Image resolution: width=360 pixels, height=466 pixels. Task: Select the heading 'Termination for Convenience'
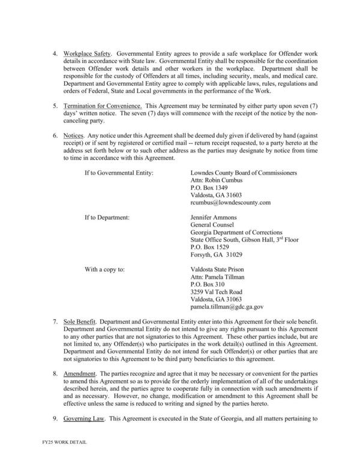[x=102, y=104]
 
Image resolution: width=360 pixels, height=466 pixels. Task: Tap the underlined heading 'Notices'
[x=74, y=136]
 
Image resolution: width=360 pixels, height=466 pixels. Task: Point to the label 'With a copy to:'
[x=104, y=270]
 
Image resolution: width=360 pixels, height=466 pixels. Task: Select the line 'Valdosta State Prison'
[x=217, y=270]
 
